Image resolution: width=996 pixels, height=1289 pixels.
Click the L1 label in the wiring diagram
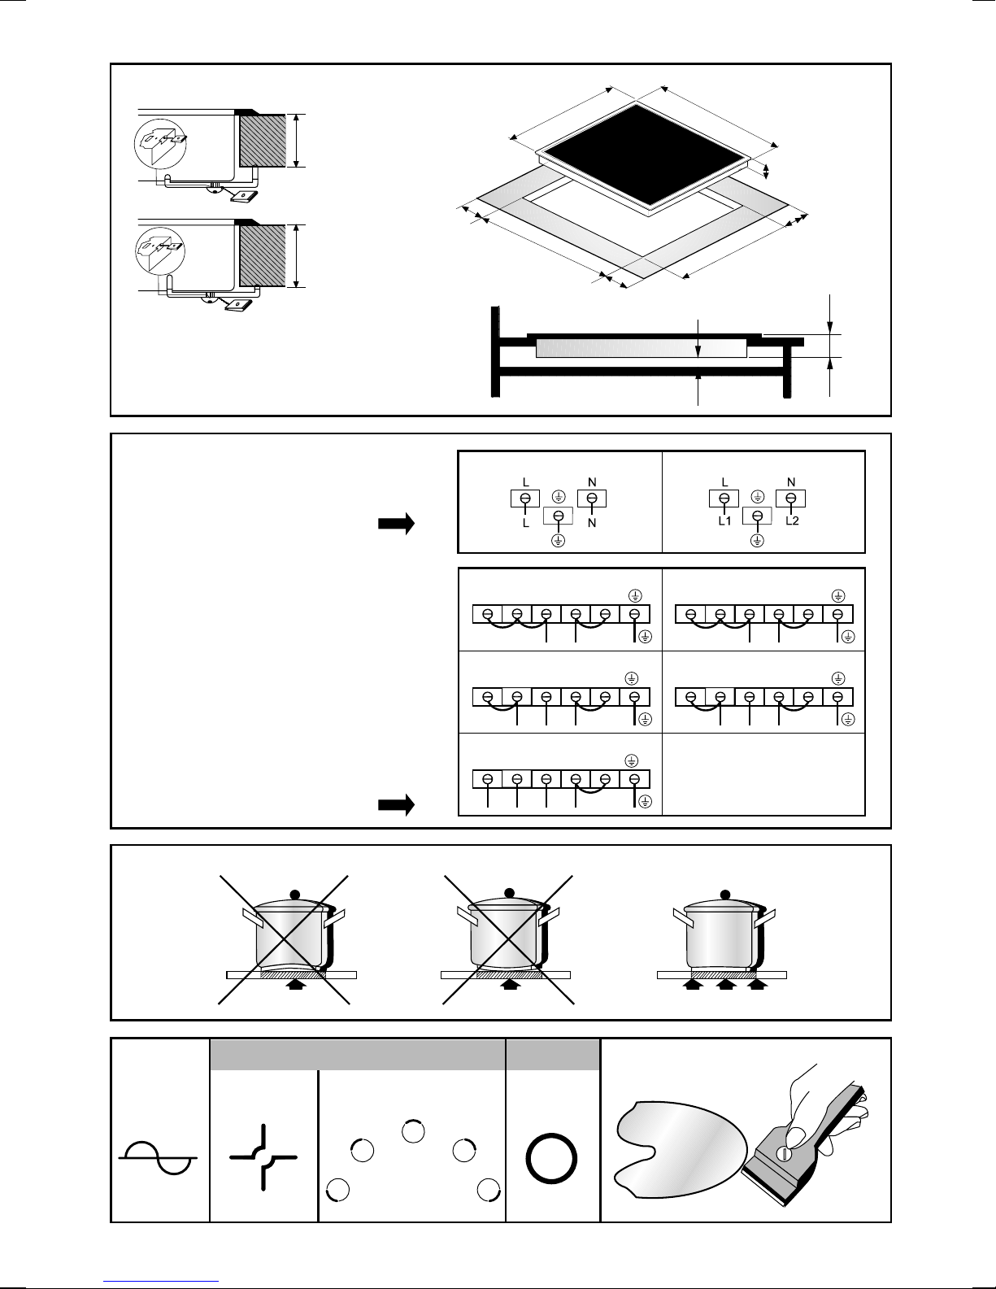724,520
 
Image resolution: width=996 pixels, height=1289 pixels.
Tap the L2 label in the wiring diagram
792,520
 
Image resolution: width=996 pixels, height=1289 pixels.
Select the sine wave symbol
158,1157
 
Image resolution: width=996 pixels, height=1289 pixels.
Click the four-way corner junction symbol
263,1156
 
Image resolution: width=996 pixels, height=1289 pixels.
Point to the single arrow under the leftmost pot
294,986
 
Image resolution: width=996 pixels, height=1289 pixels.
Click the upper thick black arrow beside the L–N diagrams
396,524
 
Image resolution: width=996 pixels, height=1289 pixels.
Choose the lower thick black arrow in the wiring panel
396,805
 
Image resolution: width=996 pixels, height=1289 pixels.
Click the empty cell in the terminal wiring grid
763,774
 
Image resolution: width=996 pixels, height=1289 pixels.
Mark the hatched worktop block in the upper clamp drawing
263,141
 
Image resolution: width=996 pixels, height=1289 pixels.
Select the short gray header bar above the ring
553,1055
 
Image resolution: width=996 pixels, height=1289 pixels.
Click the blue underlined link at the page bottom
161,1278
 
